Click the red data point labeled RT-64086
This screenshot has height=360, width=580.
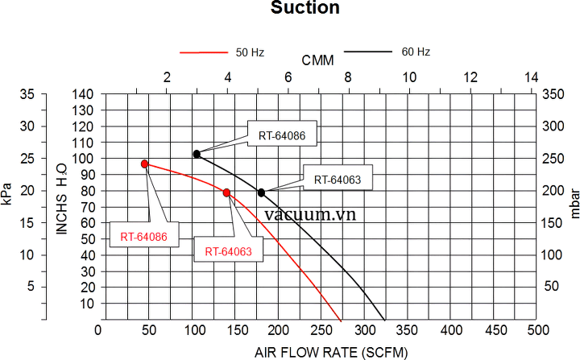point(145,163)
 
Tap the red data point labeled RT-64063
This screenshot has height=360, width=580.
point(227,192)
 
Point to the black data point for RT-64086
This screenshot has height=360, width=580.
point(197,154)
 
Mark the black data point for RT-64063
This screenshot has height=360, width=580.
point(261,192)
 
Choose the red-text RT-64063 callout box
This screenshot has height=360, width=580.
point(229,251)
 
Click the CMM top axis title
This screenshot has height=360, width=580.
point(318,61)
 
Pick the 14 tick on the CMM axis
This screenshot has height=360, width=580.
point(531,77)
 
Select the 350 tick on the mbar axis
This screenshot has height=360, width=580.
point(553,94)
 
